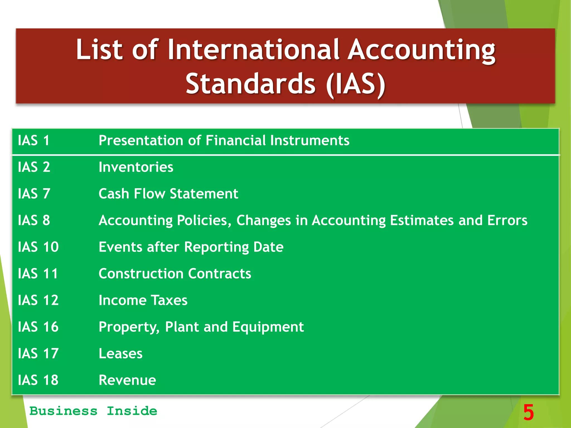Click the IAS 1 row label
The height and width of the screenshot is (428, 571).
click(33, 140)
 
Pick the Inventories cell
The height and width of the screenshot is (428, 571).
click(136, 167)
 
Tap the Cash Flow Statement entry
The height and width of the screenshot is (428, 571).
click(168, 194)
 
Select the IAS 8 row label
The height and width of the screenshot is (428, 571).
click(34, 220)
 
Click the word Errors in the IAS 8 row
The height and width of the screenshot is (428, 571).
click(507, 220)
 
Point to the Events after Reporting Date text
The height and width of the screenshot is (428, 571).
click(191, 247)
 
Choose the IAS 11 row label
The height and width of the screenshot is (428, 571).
click(38, 274)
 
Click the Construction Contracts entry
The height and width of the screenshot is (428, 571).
click(175, 274)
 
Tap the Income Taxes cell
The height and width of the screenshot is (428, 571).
click(143, 300)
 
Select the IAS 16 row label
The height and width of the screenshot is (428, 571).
click(38, 327)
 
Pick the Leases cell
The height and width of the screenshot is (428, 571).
click(120, 354)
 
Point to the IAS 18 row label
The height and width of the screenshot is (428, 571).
click(38, 380)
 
